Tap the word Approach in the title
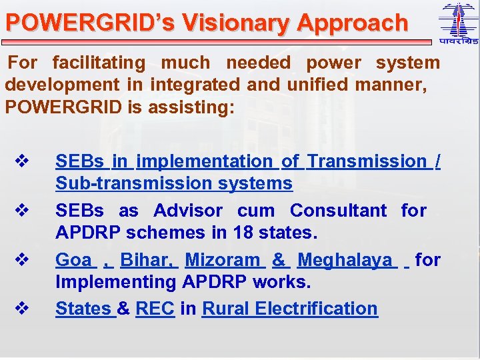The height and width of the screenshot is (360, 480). click(352, 23)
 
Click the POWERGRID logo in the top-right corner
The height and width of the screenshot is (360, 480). click(459, 23)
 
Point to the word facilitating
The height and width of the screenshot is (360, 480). click(98, 63)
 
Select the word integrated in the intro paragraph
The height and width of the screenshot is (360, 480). click(194, 85)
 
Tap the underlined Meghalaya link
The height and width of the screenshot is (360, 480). click(345, 260)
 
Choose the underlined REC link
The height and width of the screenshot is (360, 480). click(155, 309)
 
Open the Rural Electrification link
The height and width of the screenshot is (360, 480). click(289, 309)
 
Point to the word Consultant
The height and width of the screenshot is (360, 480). click(338, 211)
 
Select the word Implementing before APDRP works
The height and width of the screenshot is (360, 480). click(116, 282)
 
